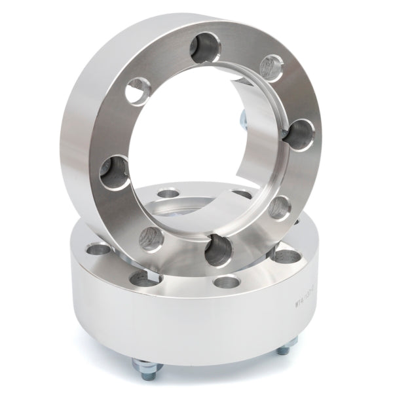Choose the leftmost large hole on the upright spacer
(115, 172)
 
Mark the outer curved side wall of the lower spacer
(196, 327)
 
